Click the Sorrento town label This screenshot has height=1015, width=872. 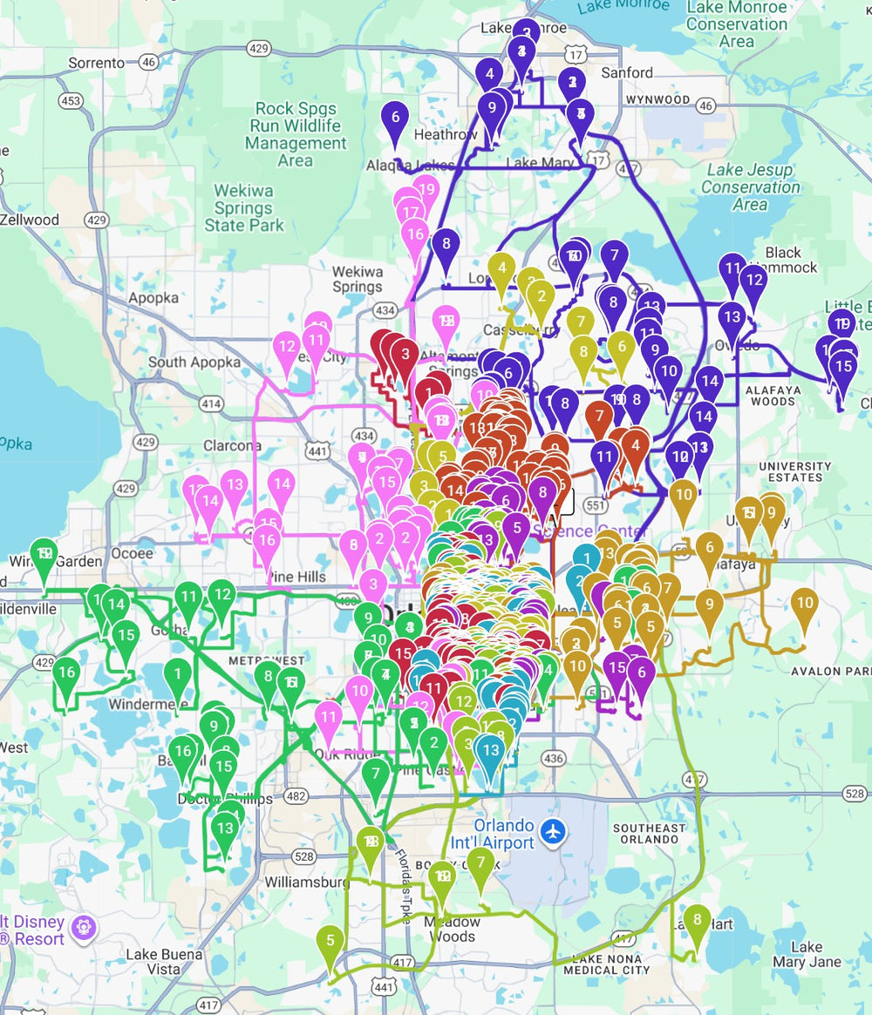(x=97, y=63)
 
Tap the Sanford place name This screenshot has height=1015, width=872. (x=626, y=73)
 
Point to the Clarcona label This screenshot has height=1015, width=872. (x=233, y=446)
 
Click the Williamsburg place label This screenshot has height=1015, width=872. (x=306, y=882)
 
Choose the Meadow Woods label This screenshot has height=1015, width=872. (x=453, y=929)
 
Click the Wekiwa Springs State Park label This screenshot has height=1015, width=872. (x=244, y=208)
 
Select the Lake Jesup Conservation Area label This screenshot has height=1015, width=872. (x=750, y=187)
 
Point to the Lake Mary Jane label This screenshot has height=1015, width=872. (x=807, y=954)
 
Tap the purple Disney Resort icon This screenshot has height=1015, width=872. (x=84, y=928)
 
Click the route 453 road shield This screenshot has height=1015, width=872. (x=71, y=101)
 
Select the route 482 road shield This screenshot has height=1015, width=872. (x=296, y=796)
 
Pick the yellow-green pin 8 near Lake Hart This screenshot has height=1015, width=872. (x=697, y=920)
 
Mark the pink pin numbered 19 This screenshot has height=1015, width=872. (x=426, y=189)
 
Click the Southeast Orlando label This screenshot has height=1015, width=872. (x=649, y=835)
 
